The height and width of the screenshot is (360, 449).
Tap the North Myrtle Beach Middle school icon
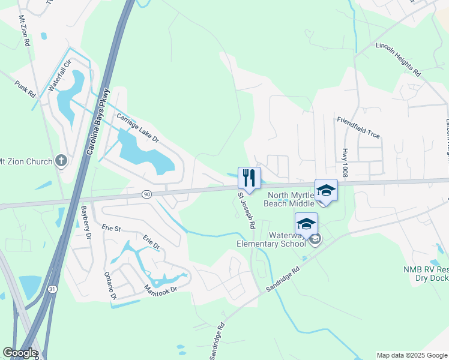tap(326, 191)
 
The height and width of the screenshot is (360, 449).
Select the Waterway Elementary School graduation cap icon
tap(307, 224)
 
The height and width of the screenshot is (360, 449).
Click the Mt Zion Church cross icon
tap(60, 160)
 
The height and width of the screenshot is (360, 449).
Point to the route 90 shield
tap(146, 194)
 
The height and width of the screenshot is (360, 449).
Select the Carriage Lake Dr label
tap(137, 128)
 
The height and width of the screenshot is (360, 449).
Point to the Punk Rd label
tap(26, 89)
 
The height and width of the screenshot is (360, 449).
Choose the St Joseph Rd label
tap(247, 211)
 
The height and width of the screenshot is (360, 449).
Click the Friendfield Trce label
tap(358, 127)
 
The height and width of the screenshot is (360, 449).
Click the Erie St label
tap(112, 228)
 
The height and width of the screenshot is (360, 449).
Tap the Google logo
tap(20, 353)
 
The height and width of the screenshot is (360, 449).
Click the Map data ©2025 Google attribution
tap(411, 355)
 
